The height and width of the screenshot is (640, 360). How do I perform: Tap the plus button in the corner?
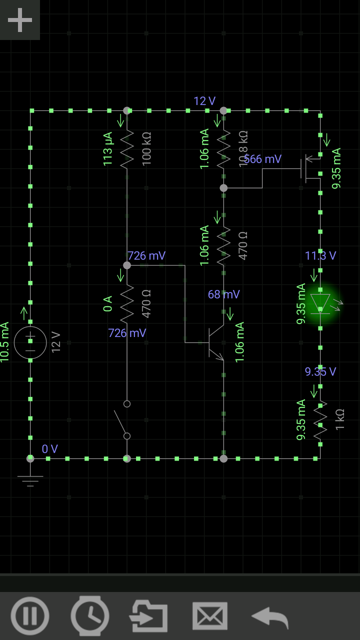coord(19,20)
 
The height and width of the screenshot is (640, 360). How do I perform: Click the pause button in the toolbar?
coord(30,615)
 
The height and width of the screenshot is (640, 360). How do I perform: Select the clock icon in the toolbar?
coord(90,615)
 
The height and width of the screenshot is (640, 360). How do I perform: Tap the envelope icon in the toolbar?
coord(210,615)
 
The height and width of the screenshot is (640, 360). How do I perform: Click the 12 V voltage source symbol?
coord(30,343)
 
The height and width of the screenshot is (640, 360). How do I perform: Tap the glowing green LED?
coord(320,302)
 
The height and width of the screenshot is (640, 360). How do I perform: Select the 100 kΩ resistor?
coord(127,148)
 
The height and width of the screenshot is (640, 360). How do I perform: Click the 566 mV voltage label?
coord(263,159)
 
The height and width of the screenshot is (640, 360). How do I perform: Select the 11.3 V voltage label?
coord(320,256)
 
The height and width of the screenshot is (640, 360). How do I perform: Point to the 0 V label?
coord(49,449)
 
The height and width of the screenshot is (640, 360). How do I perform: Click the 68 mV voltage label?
coord(223,294)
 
